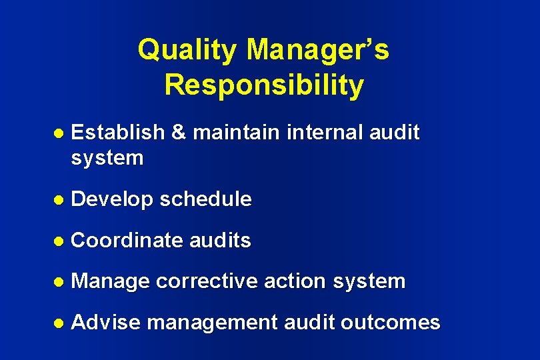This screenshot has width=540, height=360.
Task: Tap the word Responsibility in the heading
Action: tap(264, 85)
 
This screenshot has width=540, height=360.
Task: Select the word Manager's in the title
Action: tap(318, 51)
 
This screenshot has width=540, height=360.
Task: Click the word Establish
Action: tap(117, 133)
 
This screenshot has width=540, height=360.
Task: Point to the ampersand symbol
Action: tap(178, 133)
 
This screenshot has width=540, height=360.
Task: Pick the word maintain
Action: tap(236, 133)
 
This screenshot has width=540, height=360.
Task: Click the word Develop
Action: tap(112, 199)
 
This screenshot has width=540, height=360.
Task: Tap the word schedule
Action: tap(206, 199)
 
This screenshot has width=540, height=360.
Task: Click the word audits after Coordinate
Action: tap(221, 241)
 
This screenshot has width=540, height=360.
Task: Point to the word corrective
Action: tap(207, 282)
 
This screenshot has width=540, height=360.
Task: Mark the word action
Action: tap(293, 282)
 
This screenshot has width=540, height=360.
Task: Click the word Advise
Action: tap(106, 323)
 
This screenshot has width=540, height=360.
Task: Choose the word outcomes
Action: tap(391, 323)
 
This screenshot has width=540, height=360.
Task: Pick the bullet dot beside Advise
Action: tap(58, 323)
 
